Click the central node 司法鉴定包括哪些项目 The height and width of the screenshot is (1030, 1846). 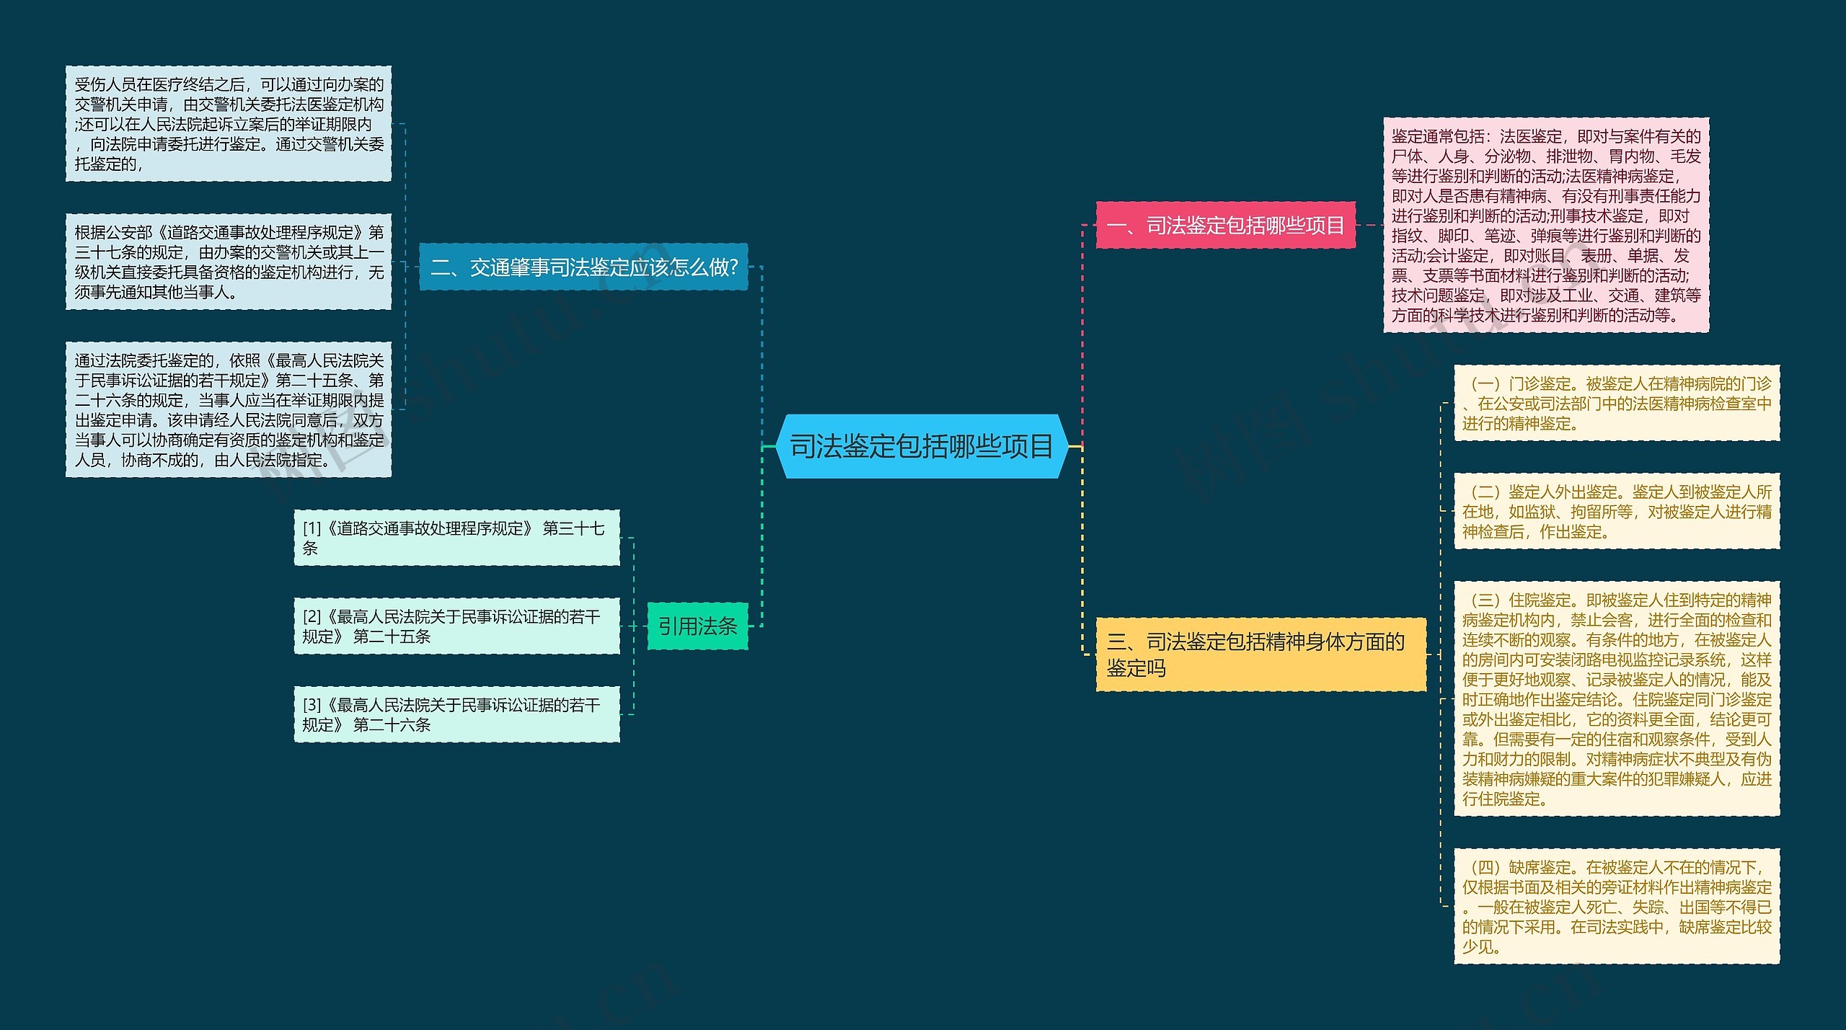point(921,446)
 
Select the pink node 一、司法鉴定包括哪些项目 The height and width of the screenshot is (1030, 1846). point(1225,226)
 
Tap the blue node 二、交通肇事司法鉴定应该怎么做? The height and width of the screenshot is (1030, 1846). point(583,267)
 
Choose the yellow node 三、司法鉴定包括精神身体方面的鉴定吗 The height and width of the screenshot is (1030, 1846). point(1260,654)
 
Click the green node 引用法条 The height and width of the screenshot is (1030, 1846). point(697,626)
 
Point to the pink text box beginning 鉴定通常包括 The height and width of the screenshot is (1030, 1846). point(1545,225)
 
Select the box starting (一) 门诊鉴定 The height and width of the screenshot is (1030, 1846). point(1616,403)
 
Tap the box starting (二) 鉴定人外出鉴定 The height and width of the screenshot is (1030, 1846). point(1616,511)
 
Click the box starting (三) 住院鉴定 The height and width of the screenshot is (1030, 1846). point(1616,698)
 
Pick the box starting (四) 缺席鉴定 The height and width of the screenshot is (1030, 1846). point(1616,906)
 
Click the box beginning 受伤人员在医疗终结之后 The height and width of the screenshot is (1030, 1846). point(228,123)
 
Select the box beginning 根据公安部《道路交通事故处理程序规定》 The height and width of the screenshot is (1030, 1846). point(228,262)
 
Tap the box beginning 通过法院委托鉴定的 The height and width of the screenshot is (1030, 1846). point(228,409)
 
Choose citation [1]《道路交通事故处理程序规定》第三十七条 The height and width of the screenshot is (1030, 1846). point(456,538)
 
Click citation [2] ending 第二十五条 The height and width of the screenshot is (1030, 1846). point(456,626)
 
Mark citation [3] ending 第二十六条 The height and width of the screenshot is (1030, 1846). point(456,714)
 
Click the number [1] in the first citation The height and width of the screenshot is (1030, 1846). point(312,528)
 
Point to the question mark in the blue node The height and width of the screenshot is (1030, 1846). point(733,267)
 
